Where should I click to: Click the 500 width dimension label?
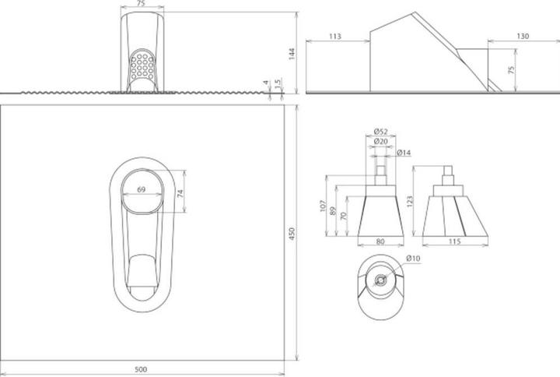coord(141,369)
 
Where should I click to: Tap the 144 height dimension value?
coord(292,53)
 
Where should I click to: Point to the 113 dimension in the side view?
coord(336,36)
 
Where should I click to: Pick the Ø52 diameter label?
coord(380,130)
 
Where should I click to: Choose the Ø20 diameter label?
coord(380,141)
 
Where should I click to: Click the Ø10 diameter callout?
coord(412,258)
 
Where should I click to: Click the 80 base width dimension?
coord(380,242)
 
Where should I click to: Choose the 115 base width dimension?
coord(455,242)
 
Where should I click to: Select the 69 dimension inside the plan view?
coord(142,189)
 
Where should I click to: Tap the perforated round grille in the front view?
coord(142,65)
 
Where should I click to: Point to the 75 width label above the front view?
coord(141,4)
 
